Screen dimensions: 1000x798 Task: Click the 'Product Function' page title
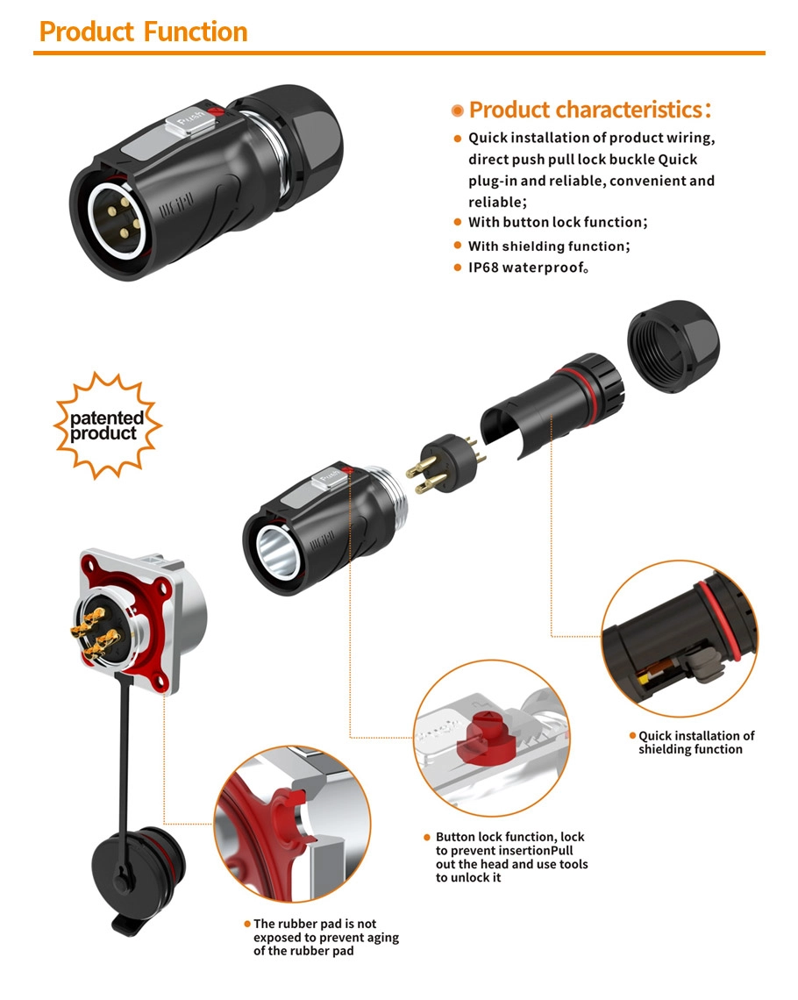[x=144, y=32]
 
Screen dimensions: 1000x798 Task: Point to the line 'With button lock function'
[x=558, y=223]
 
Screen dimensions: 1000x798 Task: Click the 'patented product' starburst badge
[x=107, y=425]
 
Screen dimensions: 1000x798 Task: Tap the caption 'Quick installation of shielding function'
[x=695, y=742]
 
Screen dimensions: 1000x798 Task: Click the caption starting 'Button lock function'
[x=511, y=857]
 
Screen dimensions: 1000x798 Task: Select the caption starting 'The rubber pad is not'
[x=324, y=937]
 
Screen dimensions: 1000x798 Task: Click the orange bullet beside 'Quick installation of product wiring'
[x=457, y=139]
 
